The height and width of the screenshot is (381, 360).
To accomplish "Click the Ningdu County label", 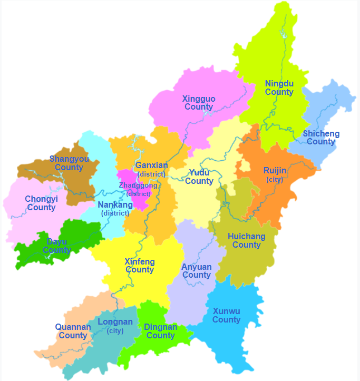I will point(279,88).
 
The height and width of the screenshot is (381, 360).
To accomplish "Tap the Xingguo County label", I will point(199,103).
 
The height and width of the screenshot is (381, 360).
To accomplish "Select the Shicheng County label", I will point(321,138).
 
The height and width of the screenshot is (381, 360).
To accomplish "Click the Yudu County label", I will point(199,177).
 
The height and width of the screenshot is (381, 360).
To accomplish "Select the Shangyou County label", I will point(69,163).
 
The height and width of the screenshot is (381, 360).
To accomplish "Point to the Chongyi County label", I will point(41,203).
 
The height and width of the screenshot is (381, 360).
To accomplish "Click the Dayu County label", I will point(57,246).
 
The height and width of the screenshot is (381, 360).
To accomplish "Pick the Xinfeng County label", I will point(140,266).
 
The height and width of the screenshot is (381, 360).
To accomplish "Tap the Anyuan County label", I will point(197,271).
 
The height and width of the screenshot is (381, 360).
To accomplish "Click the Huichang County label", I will point(246,241).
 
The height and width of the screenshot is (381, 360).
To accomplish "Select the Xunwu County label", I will point(226,316).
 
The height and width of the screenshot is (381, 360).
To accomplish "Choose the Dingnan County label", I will point(160,331).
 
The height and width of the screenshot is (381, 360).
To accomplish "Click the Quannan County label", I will point(73,331).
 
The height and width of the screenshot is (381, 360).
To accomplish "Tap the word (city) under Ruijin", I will point(275,179).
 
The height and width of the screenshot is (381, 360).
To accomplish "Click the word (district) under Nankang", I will point(115,213).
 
